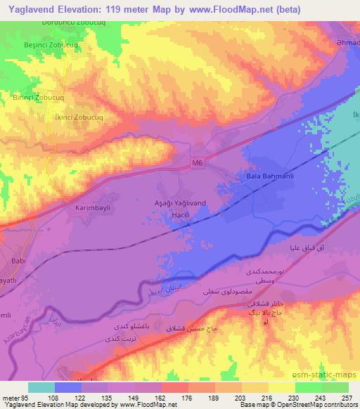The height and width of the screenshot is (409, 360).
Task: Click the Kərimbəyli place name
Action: pyautogui.click(x=94, y=209)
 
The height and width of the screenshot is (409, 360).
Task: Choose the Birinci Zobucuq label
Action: pyautogui.click(x=39, y=97)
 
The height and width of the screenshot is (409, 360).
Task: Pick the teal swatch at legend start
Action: pyautogui.click(x=41, y=387)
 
